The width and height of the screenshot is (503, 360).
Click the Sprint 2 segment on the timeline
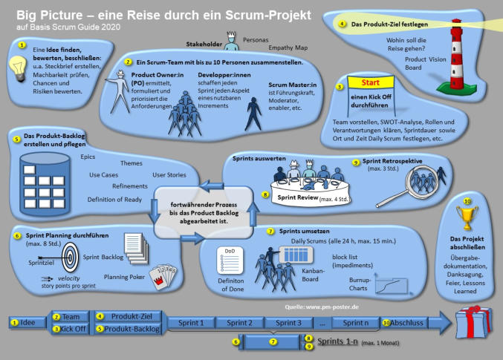(240, 323)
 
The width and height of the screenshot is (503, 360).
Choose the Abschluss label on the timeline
(408, 323)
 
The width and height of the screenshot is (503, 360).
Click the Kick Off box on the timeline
(71, 329)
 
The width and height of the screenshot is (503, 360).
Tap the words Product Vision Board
(426, 65)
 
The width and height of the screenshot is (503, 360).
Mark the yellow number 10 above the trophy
(467, 200)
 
